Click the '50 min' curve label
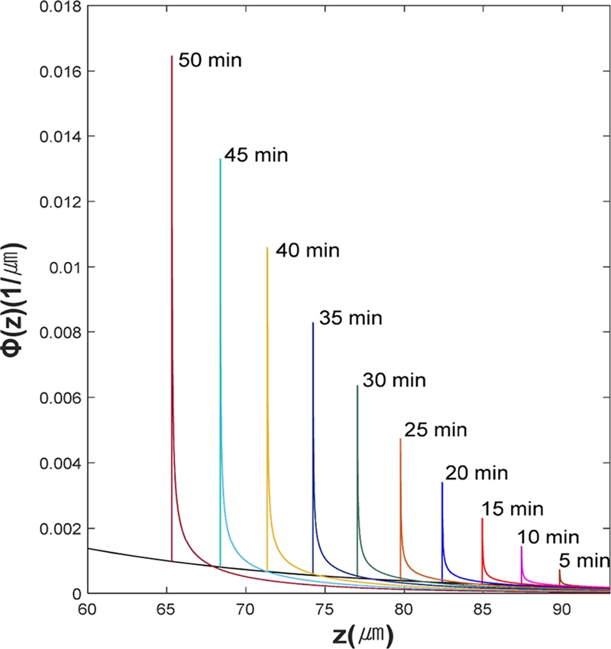coord(210,60)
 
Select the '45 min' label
coord(257,156)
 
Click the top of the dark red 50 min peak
coord(172,56)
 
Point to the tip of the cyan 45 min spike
coord(220,159)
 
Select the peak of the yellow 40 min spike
coord(267,247)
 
